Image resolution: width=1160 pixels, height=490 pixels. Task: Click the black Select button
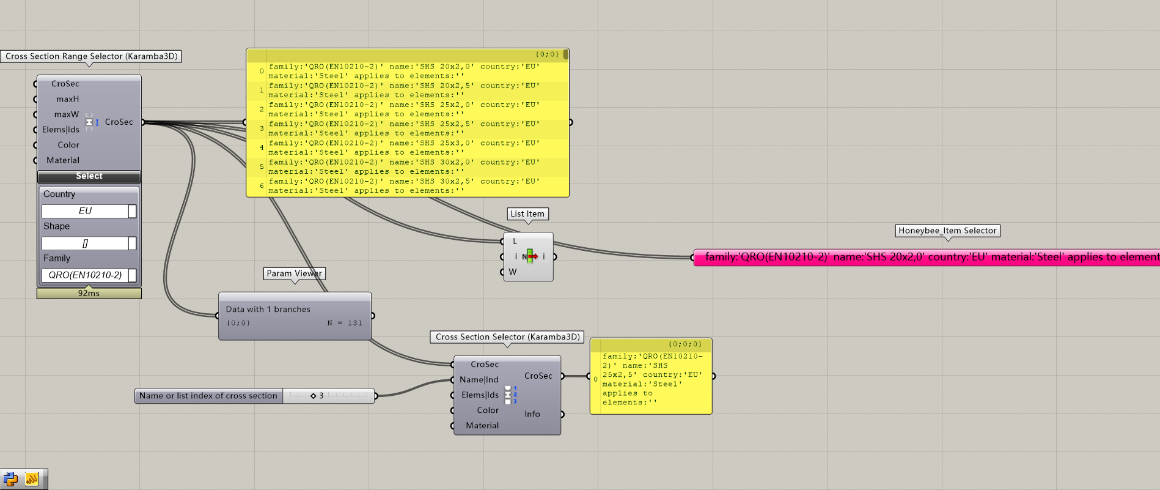tap(89, 176)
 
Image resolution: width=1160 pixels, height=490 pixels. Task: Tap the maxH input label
tap(67, 99)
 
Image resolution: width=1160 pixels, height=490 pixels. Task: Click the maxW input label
tap(66, 114)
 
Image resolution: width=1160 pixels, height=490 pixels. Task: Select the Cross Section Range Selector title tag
tap(91, 56)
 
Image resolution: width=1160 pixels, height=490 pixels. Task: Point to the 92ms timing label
tap(89, 294)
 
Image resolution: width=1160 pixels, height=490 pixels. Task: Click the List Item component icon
tap(530, 256)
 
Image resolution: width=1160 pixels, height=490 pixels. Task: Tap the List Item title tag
tap(527, 214)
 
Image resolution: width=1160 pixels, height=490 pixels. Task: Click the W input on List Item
tap(512, 272)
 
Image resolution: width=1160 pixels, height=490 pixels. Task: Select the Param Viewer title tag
tap(294, 273)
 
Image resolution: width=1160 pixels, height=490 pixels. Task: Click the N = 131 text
tap(345, 323)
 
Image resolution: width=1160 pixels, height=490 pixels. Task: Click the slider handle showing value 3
tap(314, 396)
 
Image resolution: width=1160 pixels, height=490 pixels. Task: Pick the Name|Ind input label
tap(479, 380)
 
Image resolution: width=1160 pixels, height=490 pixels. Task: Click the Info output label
tap(532, 414)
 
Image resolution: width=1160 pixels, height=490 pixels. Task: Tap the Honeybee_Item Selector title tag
tap(947, 231)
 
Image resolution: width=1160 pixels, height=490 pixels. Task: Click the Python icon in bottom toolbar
tap(11, 479)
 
